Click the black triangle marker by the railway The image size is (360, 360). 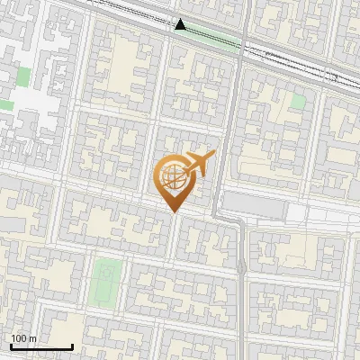click(x=181, y=25)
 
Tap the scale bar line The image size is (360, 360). click(x=40, y=346)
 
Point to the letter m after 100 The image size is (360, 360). click(x=32, y=338)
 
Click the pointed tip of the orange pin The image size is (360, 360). click(x=172, y=212)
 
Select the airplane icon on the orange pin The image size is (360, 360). click(x=197, y=164)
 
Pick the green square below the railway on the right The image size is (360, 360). click(x=298, y=102)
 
